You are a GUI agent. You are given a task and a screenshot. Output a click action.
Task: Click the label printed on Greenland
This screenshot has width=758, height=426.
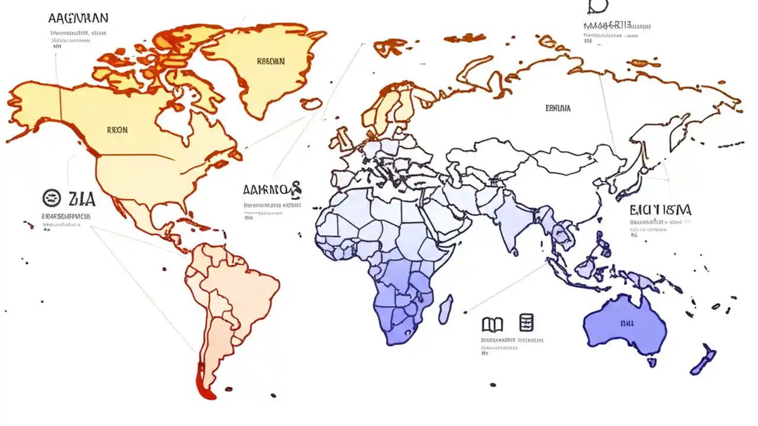point(271,61)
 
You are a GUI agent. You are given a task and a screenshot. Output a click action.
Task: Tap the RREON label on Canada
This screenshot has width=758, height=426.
point(117,130)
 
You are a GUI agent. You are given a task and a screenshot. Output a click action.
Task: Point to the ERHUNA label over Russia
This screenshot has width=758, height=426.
point(558,108)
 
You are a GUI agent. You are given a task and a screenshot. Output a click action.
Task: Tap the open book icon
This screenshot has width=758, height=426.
point(492,324)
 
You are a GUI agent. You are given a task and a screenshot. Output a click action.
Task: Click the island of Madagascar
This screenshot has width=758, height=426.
point(446,309)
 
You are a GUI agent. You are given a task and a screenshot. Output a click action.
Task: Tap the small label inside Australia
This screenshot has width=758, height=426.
point(627,324)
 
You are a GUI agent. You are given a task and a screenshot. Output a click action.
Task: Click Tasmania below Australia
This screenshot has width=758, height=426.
point(651,362)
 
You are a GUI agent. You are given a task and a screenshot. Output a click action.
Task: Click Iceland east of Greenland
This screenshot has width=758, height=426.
point(310,104)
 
